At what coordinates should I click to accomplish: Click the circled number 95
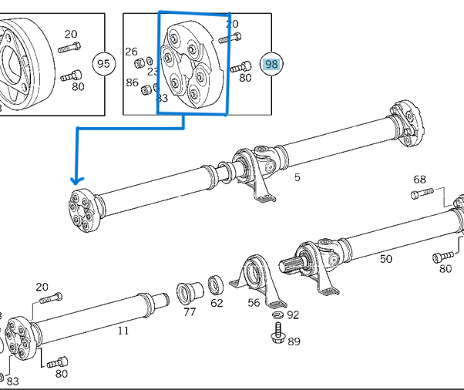pyautogui.click(x=103, y=64)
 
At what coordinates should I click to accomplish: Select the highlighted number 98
pyautogui.click(x=271, y=64)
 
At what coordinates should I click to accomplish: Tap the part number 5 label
pyautogui.click(x=298, y=178)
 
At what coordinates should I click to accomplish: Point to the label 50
pyautogui.click(x=385, y=259)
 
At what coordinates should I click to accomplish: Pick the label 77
pyautogui.click(x=190, y=312)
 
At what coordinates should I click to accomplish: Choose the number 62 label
pyautogui.click(x=217, y=303)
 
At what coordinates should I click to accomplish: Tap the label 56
pyautogui.click(x=254, y=303)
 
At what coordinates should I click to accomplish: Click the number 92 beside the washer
pyautogui.click(x=293, y=314)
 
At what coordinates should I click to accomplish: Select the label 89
pyautogui.click(x=294, y=341)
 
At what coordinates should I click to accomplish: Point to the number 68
pyautogui.click(x=419, y=180)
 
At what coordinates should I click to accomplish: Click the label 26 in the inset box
pyautogui.click(x=131, y=51)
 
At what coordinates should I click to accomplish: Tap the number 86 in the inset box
pyautogui.click(x=132, y=82)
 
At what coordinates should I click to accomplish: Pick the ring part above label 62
pyautogui.click(x=217, y=284)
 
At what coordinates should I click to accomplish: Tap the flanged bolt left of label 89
pyautogui.click(x=277, y=334)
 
